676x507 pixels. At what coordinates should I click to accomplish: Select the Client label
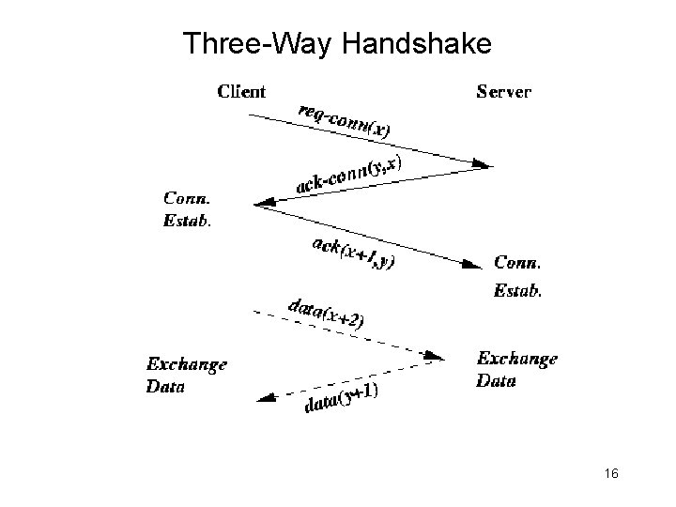pos(241,92)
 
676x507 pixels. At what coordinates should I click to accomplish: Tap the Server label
pos(504,92)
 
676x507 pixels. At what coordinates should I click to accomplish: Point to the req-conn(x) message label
pos(345,119)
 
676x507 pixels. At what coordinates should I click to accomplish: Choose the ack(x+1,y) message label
pos(352,253)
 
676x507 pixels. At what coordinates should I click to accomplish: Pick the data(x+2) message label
pos(325,311)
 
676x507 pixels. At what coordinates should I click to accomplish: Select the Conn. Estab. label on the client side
pos(188,210)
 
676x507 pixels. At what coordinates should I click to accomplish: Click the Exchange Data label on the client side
pos(186,374)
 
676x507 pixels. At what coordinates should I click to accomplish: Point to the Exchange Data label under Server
pos(517,369)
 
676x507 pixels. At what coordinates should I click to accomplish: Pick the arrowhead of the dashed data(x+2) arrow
pos(434,356)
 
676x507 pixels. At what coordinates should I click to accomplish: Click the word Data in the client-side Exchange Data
pos(165,385)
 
